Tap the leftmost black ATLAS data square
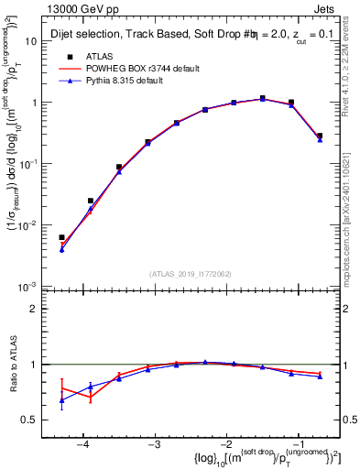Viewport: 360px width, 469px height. click(61, 237)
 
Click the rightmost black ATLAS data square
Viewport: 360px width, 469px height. click(320, 136)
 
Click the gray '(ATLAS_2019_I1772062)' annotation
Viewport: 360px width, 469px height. click(191, 274)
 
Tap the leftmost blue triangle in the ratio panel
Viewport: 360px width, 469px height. click(61, 400)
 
